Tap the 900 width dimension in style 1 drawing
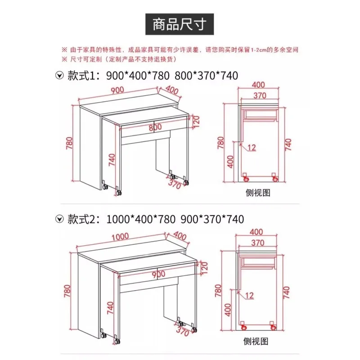click(x=118, y=90)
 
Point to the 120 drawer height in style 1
click(x=195, y=121)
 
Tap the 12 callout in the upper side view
click(x=251, y=148)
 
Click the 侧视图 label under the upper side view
click(x=257, y=193)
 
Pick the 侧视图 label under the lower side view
click(x=256, y=342)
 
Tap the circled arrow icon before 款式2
click(x=58, y=219)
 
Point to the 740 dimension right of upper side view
click(x=288, y=145)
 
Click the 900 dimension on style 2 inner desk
click(x=158, y=274)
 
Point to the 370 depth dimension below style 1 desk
click(x=175, y=184)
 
